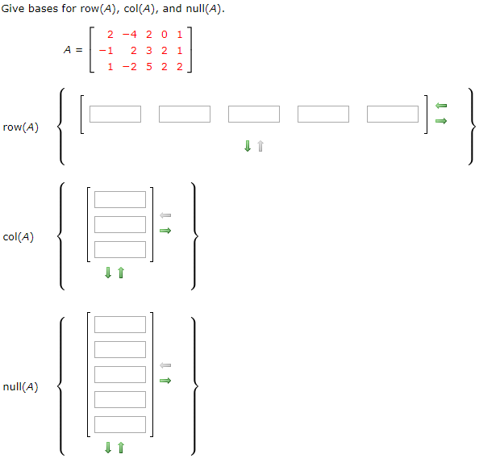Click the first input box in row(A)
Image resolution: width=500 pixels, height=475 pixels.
(115, 114)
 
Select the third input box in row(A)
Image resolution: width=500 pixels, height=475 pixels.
(254, 114)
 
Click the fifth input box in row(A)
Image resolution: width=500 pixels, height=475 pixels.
(393, 114)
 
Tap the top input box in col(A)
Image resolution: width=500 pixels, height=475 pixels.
(120, 199)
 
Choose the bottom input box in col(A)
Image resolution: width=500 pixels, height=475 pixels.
(120, 249)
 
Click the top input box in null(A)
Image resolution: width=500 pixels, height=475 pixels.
(120, 324)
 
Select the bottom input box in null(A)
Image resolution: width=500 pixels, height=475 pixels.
(120, 424)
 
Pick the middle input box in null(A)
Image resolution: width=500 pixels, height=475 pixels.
(120, 374)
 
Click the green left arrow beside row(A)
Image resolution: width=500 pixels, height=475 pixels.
(440, 106)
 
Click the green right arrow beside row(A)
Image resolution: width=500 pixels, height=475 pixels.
(440, 121)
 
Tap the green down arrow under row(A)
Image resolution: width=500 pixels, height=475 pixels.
(247, 147)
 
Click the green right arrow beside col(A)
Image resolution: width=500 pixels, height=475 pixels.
(165, 231)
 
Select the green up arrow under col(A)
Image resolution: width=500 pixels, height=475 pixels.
(121, 273)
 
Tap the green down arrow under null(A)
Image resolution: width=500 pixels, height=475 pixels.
(107, 448)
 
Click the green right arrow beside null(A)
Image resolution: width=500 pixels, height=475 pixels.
(165, 381)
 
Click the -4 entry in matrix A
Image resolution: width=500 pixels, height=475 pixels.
(129, 34)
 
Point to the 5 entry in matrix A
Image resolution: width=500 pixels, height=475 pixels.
(150, 66)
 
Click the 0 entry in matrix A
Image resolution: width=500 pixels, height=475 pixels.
(164, 34)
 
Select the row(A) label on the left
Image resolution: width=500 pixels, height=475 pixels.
(21, 127)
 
